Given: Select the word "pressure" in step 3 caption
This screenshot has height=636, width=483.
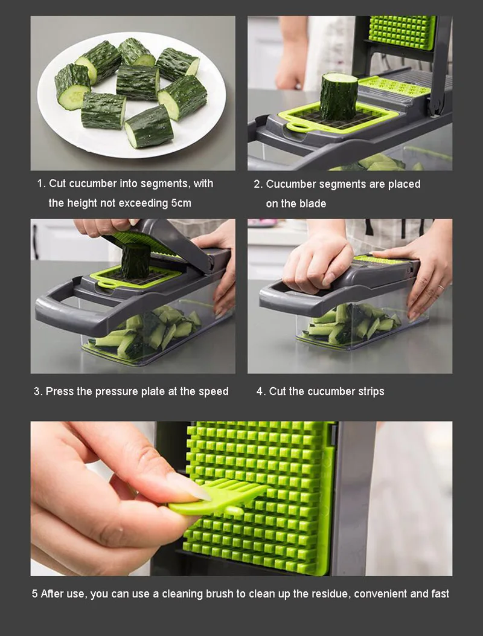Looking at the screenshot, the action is point(117,392).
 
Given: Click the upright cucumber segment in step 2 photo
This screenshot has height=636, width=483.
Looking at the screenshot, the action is point(339,96).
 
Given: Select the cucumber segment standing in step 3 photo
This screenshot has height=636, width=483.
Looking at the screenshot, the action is point(136,261).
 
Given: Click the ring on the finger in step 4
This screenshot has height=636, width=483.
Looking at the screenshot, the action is point(440,287).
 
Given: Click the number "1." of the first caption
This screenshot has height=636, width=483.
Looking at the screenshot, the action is point(42,184).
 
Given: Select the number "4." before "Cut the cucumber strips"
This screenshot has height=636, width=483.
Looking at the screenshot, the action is point(260,392).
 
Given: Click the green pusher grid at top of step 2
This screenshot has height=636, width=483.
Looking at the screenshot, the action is point(401,33).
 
